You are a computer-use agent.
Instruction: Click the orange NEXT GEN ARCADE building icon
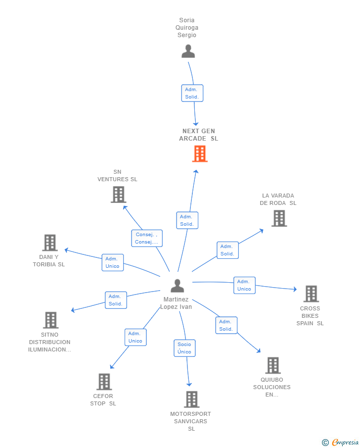click(200, 154)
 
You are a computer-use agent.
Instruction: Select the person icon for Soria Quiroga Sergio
click(188, 51)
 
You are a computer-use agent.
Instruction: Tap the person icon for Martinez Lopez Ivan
click(177, 286)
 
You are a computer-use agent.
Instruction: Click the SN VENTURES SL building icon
click(118, 195)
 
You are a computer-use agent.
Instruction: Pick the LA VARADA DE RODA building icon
click(279, 218)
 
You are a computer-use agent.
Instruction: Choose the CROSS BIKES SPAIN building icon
click(311, 294)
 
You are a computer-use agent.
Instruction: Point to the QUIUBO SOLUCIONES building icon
click(272, 365)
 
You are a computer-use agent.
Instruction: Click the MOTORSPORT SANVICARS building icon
click(191, 399)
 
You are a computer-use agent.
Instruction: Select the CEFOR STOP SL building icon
click(104, 382)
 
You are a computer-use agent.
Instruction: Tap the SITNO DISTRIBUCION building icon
click(50, 320)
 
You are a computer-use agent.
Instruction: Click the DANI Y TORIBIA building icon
click(50, 243)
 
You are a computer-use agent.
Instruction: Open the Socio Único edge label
click(184, 348)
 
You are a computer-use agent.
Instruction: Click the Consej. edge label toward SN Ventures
click(147, 238)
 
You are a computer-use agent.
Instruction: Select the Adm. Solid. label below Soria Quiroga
click(192, 93)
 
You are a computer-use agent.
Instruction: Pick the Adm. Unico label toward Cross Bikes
click(244, 285)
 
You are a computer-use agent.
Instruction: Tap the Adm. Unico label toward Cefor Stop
click(135, 337)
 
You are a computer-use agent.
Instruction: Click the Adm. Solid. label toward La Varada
click(227, 250)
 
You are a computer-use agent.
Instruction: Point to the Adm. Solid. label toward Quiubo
click(226, 325)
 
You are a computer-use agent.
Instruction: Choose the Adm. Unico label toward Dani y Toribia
click(113, 262)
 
